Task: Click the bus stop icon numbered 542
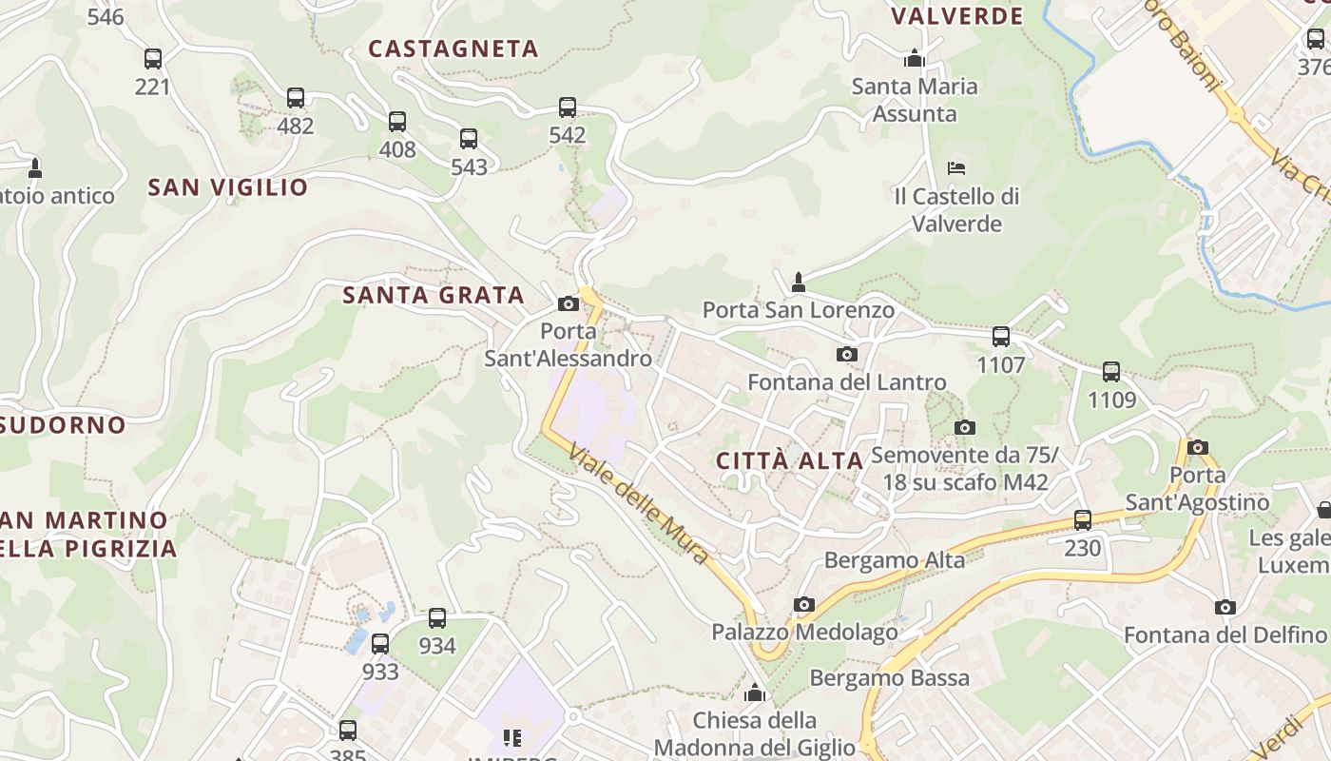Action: [568, 107]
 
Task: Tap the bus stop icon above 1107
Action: [1001, 337]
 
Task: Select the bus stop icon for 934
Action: [437, 618]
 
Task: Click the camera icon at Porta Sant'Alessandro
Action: [569, 304]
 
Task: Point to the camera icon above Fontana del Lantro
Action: [846, 355]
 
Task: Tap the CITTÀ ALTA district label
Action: [789, 461]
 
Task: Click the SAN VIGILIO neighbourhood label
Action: [228, 187]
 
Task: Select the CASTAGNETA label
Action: [453, 49]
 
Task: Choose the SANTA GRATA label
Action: [434, 295]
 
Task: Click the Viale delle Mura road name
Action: [639, 503]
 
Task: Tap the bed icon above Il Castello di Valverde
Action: [956, 168]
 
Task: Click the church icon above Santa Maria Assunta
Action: [915, 58]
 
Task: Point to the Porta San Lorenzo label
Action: [799, 310]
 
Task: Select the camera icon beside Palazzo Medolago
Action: [804, 605]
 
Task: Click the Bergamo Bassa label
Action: [890, 678]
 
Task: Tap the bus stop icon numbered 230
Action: [1083, 520]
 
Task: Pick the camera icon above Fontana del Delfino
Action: [1225, 607]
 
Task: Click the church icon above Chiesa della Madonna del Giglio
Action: [755, 692]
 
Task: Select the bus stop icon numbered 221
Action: [153, 59]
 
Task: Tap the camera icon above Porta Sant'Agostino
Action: [1198, 447]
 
